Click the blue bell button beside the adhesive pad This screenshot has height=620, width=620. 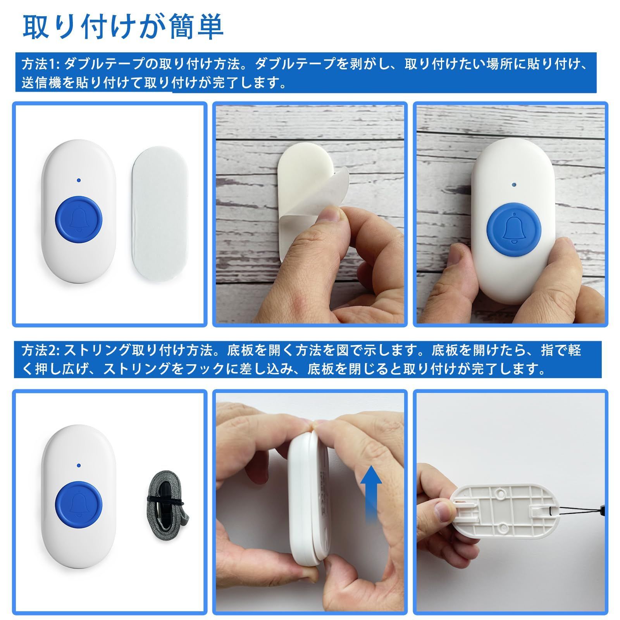pyautogui.click(x=78, y=222)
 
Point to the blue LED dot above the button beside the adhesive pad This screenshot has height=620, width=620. pyautogui.click(x=79, y=180)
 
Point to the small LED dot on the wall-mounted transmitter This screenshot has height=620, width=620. pyautogui.click(x=514, y=185)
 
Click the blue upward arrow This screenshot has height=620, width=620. pyautogui.click(x=371, y=494)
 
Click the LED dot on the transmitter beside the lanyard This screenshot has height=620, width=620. pyautogui.click(x=79, y=464)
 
